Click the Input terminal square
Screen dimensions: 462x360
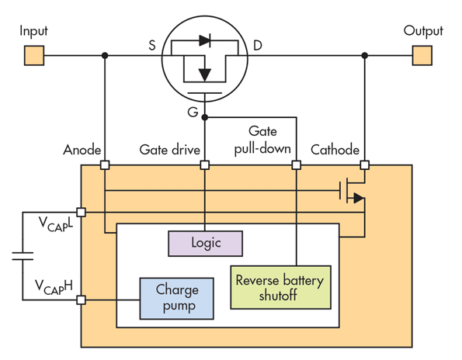(x=34, y=55)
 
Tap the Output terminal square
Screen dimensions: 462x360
(x=422, y=55)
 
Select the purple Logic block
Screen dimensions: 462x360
(x=205, y=244)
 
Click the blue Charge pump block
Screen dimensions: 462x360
(x=176, y=299)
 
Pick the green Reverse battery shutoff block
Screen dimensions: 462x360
(x=280, y=287)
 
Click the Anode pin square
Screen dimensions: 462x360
(x=105, y=164)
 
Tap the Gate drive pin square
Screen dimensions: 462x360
(x=205, y=164)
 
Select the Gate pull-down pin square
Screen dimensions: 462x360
(x=297, y=164)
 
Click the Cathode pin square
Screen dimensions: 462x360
(x=365, y=164)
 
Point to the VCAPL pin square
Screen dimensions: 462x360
(x=81, y=213)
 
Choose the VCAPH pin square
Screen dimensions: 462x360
(x=81, y=300)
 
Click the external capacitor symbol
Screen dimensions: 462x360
(x=23, y=256)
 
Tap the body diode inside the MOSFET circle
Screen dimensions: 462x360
(x=205, y=40)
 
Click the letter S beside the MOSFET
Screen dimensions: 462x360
(x=151, y=45)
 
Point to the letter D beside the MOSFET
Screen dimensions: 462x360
(x=258, y=45)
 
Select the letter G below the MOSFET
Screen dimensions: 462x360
(x=193, y=112)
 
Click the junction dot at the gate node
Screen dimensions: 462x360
(x=205, y=117)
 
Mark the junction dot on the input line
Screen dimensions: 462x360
(x=105, y=55)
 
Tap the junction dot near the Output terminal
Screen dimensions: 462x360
(x=365, y=55)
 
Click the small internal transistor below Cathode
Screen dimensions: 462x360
(x=352, y=191)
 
